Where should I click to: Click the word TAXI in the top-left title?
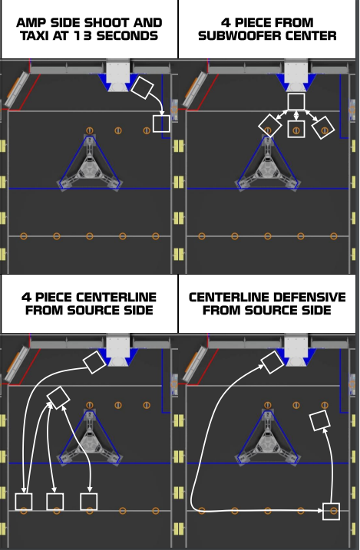click(x=33, y=36)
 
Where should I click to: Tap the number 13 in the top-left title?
click(x=83, y=36)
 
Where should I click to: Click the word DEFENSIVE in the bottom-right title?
click(x=306, y=298)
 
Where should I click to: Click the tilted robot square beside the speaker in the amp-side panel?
click(x=142, y=87)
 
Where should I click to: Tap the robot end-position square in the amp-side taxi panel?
click(x=161, y=124)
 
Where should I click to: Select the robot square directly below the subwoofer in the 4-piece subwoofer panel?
click(x=296, y=102)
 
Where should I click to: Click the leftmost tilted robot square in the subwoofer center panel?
click(x=270, y=126)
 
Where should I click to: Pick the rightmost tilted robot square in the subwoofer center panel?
click(x=323, y=127)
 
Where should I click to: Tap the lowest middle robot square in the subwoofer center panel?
click(x=296, y=129)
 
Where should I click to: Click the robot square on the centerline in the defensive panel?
click(x=331, y=512)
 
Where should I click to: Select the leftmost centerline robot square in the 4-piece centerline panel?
click(x=24, y=502)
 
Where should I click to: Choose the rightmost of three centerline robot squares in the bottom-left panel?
click(x=89, y=502)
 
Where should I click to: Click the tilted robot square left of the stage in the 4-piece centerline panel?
click(x=58, y=398)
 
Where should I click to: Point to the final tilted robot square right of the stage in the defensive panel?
click(x=320, y=420)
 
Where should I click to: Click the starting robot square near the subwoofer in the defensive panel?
click(x=272, y=362)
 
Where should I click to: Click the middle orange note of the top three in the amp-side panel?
click(x=118, y=130)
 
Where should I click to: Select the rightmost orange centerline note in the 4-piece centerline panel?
click(x=156, y=511)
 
